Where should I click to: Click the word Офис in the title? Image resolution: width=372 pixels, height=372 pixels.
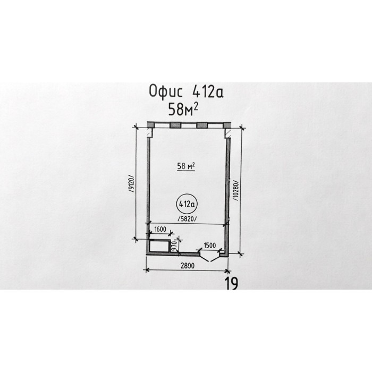pos(166,91)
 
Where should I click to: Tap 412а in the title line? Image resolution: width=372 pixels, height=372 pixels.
pos(208,91)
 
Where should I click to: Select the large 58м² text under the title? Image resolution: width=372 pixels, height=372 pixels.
pos(183,109)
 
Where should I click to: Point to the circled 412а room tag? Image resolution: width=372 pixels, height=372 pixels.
pos(187,204)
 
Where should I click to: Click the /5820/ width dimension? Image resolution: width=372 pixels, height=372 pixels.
pos(187,219)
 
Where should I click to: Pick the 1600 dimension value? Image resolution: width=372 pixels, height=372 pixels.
pos(160,230)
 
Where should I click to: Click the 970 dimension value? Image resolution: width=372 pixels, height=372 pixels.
pos(174,246)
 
